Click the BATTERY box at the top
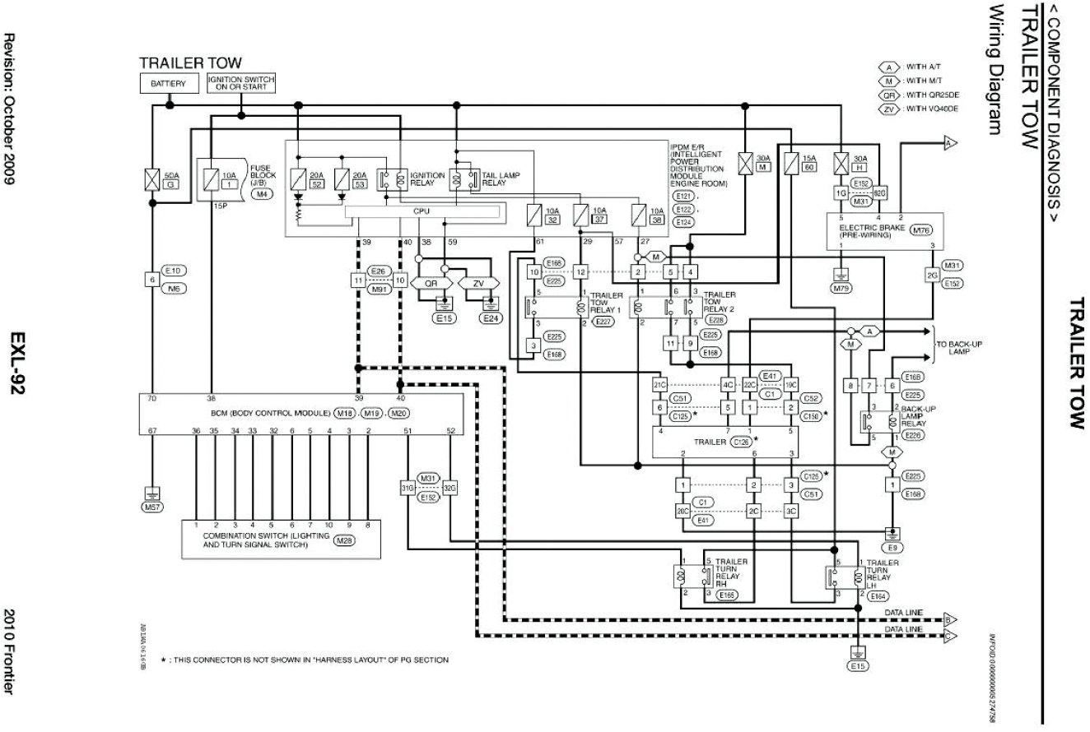click(168, 84)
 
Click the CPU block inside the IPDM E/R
click(421, 212)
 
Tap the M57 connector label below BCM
click(151, 507)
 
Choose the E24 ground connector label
click(491, 318)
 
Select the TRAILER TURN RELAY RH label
click(731, 573)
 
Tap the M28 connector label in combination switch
click(343, 540)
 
